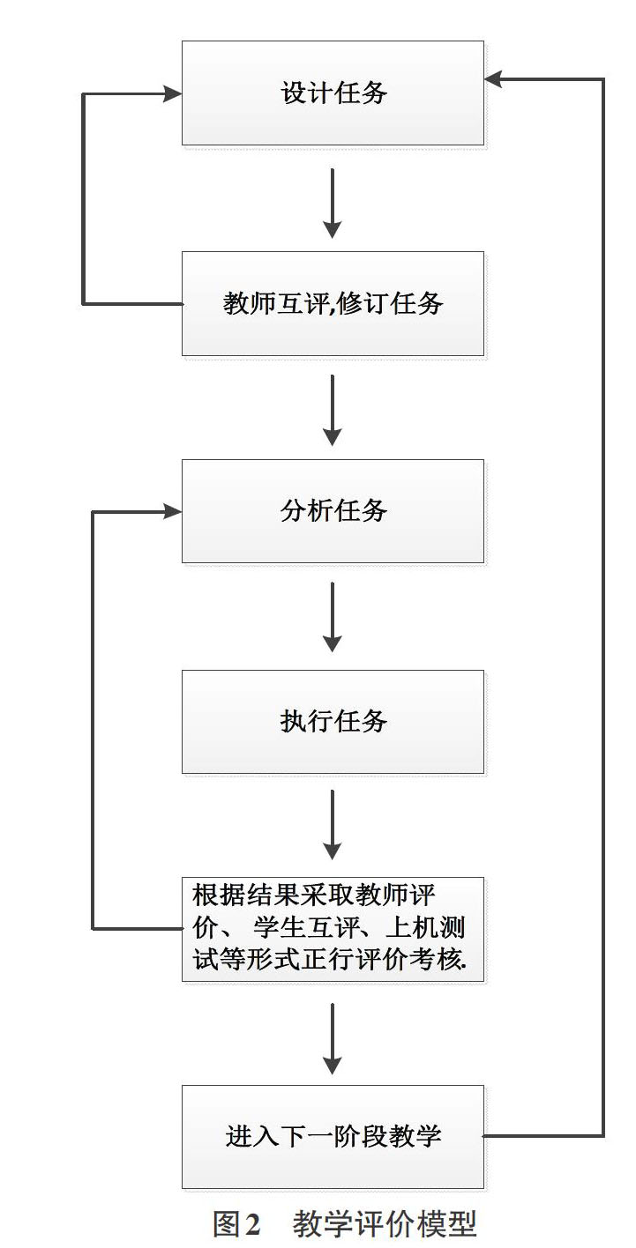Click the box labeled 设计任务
[333, 93]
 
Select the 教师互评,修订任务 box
[333, 304]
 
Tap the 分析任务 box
[333, 511]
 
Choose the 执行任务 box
[333, 722]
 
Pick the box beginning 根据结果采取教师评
[333, 929]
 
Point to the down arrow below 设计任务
[333, 204]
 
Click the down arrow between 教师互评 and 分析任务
[333, 411]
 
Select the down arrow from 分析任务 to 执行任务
[333, 617]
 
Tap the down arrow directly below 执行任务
[333, 825]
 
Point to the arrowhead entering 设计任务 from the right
[494, 79]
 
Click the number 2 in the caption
[252, 1223]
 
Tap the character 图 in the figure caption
[227, 1223]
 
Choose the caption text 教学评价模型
[385, 1223]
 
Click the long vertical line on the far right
[603, 607]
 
